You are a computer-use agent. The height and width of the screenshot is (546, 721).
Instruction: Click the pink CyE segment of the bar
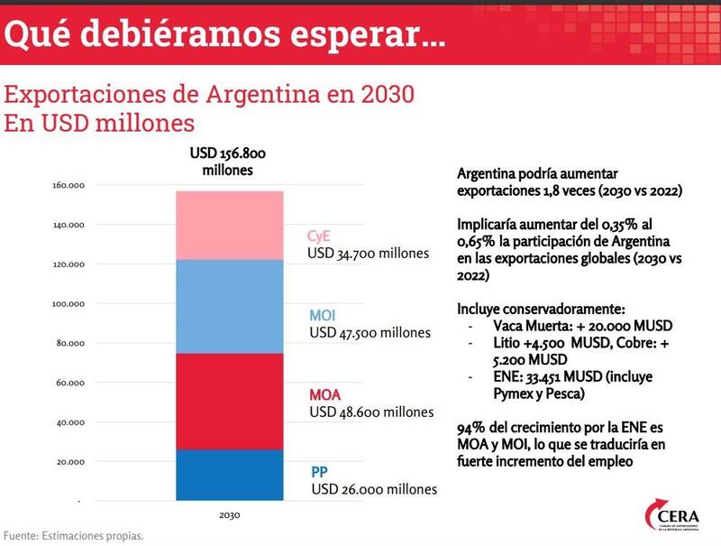click(229, 225)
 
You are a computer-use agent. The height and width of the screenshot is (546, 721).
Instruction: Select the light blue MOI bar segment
click(229, 306)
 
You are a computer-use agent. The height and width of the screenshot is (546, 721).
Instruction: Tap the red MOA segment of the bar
click(229, 401)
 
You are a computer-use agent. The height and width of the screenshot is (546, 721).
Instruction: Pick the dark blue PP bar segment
click(229, 475)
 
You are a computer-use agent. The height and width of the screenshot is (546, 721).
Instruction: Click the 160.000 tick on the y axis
click(68, 185)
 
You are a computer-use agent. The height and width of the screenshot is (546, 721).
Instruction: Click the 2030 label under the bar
click(229, 516)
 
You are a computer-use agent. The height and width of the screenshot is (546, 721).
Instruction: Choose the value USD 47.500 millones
click(370, 332)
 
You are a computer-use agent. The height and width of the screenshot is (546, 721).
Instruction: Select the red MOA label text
click(325, 395)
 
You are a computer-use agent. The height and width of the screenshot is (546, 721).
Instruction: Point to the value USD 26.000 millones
click(374, 489)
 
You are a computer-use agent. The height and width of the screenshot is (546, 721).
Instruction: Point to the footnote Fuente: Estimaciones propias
click(73, 536)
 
